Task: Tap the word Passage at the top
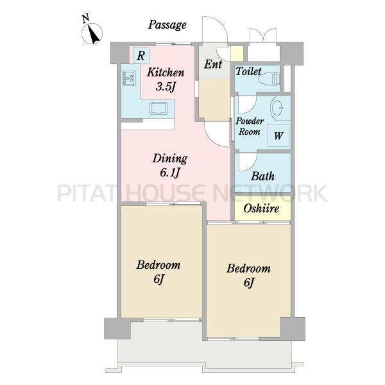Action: (167, 25)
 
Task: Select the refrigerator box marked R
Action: (141, 55)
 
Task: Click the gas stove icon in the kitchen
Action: (129, 78)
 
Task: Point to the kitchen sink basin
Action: (158, 108)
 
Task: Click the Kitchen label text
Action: (166, 73)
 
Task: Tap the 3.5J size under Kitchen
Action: (166, 87)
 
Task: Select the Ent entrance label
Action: (213, 64)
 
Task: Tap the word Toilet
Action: (248, 71)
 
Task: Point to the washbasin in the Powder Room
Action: (277, 108)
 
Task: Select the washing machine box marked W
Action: (278, 136)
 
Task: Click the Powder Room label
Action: (250, 126)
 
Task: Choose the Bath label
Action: (262, 176)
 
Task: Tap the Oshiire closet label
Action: (261, 209)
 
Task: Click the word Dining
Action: (170, 159)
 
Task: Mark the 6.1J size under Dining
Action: (170, 173)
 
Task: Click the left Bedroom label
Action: (158, 265)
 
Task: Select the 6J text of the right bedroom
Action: (248, 282)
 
